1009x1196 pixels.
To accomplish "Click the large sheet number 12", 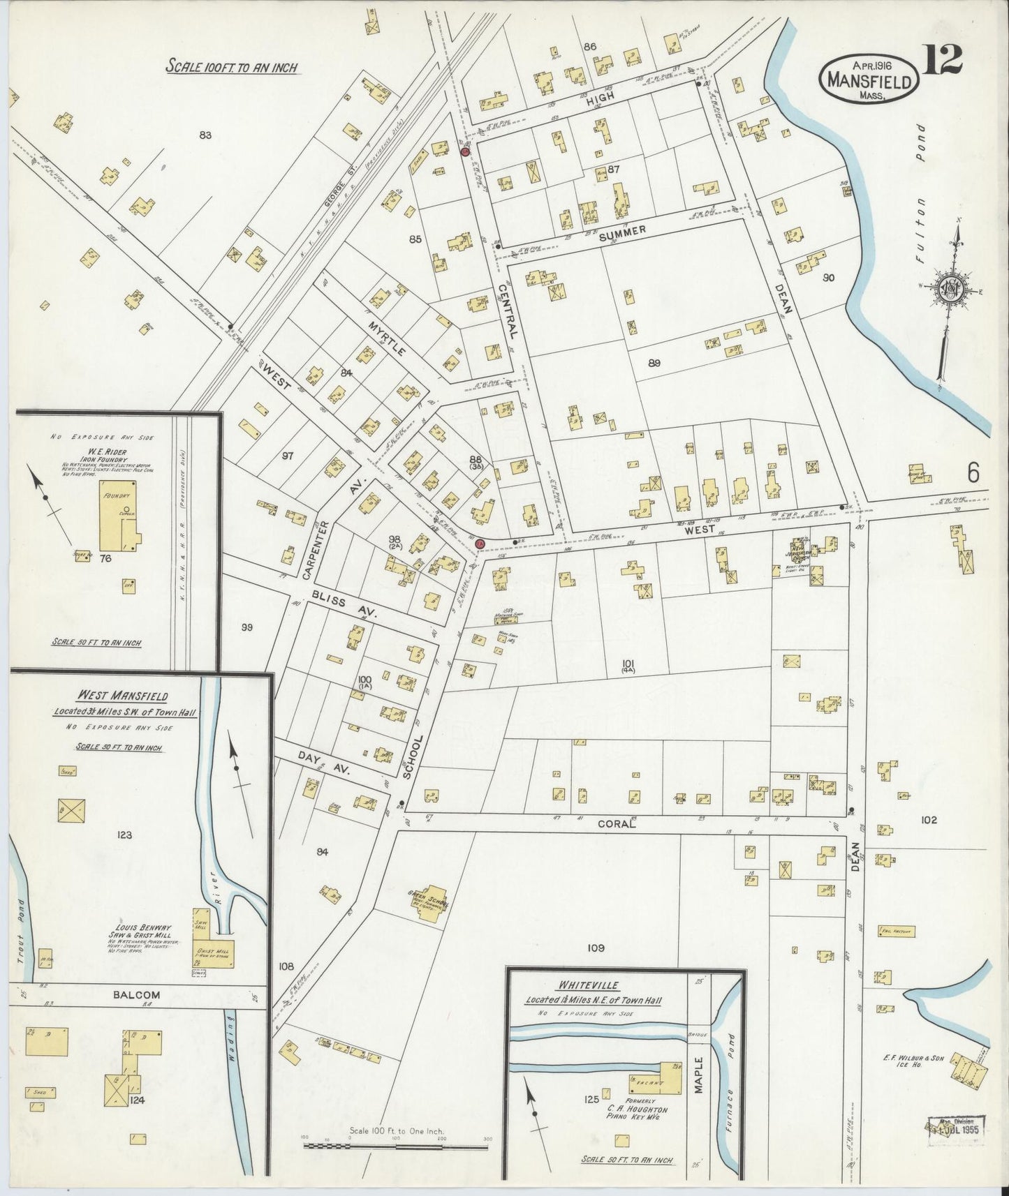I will coord(943,59).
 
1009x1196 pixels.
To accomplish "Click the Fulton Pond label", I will coord(920,182).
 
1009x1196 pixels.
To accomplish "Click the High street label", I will coord(601,98).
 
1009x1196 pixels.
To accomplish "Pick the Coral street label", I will coord(617,823).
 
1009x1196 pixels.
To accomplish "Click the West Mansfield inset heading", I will coord(119,696).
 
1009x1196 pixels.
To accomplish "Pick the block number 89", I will coord(654,363).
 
